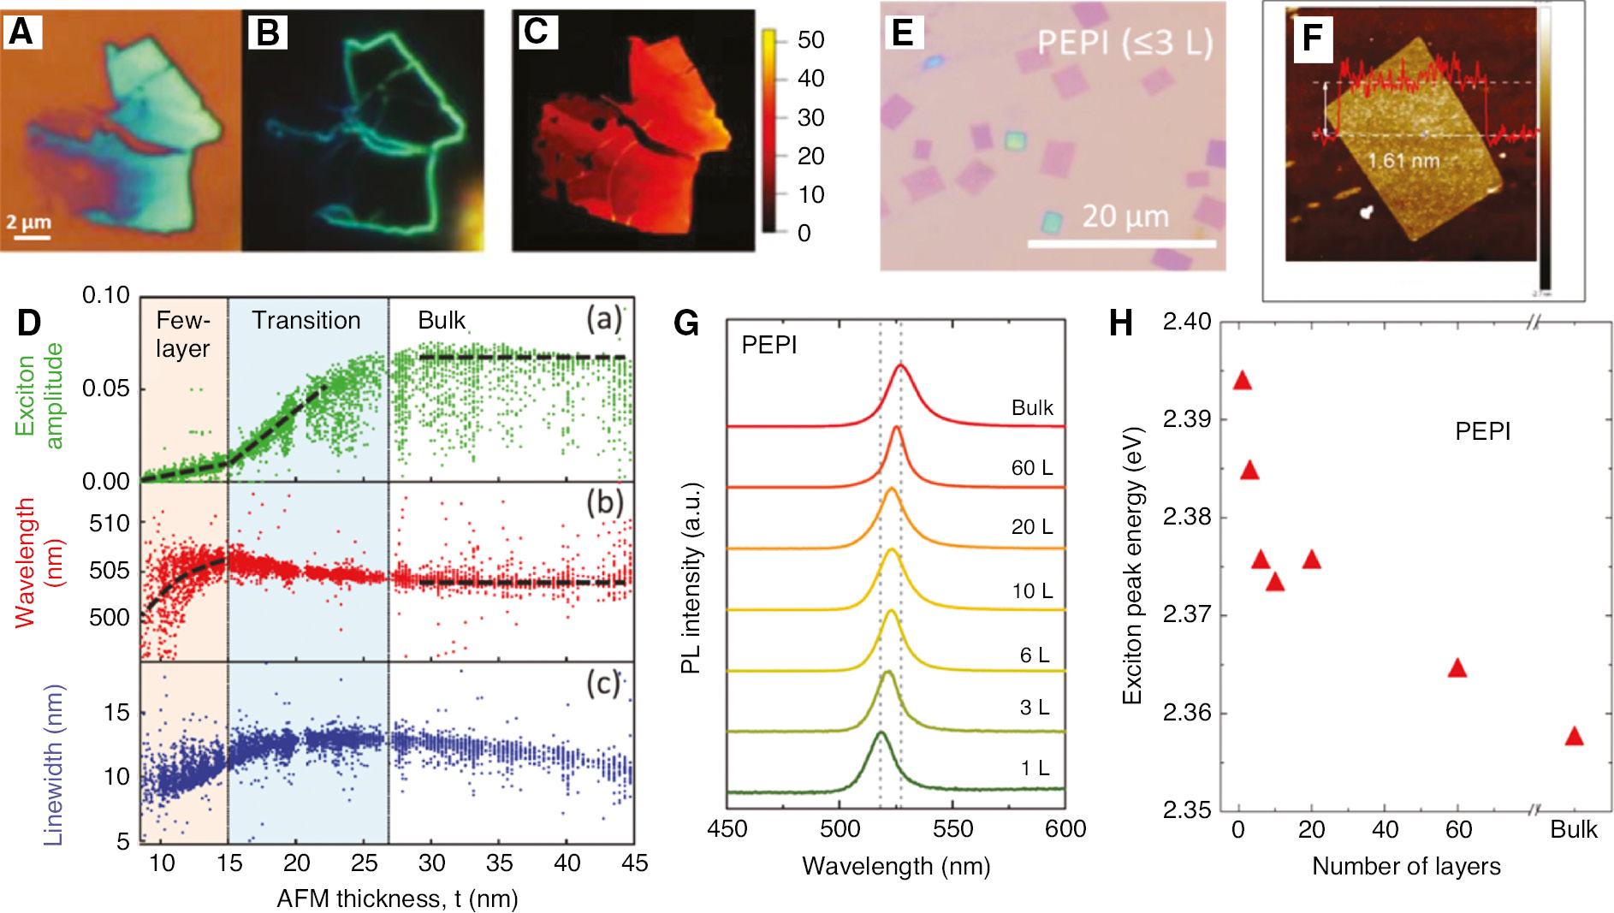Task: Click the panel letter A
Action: tap(21, 32)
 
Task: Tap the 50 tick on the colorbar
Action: tap(810, 40)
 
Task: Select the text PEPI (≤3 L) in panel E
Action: tap(1124, 43)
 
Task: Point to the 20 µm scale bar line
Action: tap(1121, 244)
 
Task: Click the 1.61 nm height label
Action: tap(1403, 161)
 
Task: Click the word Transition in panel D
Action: tap(306, 321)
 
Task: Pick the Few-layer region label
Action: tap(183, 335)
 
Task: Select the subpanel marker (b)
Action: tap(603, 502)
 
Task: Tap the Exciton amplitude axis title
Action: tap(39, 395)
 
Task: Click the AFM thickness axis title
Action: tap(397, 898)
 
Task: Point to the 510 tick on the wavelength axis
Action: tap(109, 524)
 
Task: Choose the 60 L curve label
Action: tap(1031, 468)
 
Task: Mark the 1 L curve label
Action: tap(1034, 768)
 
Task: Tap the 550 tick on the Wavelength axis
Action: tap(952, 829)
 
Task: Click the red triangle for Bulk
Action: tap(1574, 737)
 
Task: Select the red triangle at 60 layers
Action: tap(1457, 669)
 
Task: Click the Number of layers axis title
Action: tap(1406, 867)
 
